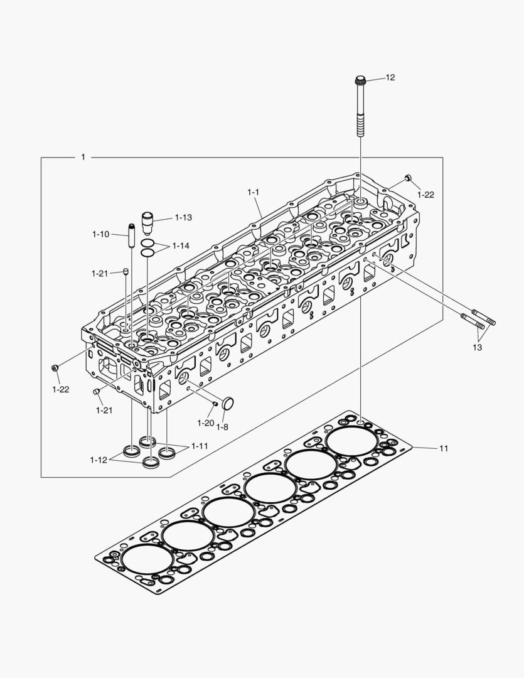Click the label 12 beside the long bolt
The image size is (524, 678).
pyautogui.click(x=390, y=77)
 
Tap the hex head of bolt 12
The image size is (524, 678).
pyautogui.click(x=360, y=81)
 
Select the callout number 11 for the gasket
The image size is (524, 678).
pyautogui.click(x=444, y=448)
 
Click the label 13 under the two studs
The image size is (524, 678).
pyautogui.click(x=478, y=347)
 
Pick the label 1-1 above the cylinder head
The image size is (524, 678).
pyautogui.click(x=253, y=191)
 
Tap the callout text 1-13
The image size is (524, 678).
pyautogui.click(x=183, y=217)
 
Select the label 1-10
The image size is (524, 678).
pyautogui.click(x=100, y=234)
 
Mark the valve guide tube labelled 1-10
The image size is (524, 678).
pyautogui.click(x=132, y=235)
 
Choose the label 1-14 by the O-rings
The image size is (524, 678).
pyautogui.click(x=181, y=245)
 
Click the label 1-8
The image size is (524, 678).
pyautogui.click(x=222, y=427)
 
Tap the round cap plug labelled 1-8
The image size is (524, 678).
pyautogui.click(x=227, y=403)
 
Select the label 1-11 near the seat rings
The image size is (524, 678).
pyautogui.click(x=200, y=446)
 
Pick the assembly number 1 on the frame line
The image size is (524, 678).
pyautogui.click(x=83, y=157)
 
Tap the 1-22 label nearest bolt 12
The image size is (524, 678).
pyautogui.click(x=425, y=195)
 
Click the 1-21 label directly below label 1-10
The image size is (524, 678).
pyautogui.click(x=100, y=273)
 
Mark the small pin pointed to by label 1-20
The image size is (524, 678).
pyautogui.click(x=215, y=403)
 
